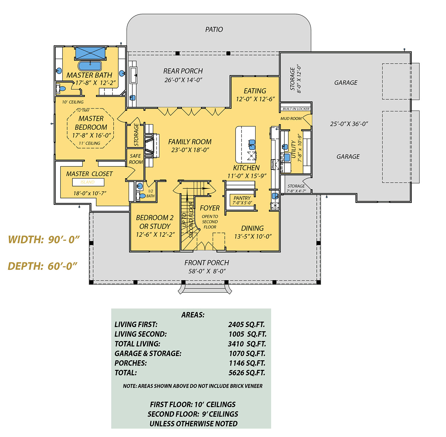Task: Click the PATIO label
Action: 214,29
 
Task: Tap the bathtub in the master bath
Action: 90,66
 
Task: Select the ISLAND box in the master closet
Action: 88,182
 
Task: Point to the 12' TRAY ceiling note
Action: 83,110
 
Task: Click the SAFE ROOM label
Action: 136,159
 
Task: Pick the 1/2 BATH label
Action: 151,194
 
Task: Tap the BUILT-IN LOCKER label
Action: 296,109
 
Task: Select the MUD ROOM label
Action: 291,119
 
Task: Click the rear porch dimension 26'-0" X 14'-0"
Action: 183,80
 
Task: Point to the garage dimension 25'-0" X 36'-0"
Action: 349,124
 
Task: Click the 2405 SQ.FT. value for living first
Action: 246,324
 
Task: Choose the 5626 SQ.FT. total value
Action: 247,373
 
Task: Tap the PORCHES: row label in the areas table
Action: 130,363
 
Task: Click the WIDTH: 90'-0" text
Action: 44,240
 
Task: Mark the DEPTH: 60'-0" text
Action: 43,266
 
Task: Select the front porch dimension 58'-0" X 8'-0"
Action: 207,271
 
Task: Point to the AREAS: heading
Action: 193,315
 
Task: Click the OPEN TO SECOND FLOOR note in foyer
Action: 210,222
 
